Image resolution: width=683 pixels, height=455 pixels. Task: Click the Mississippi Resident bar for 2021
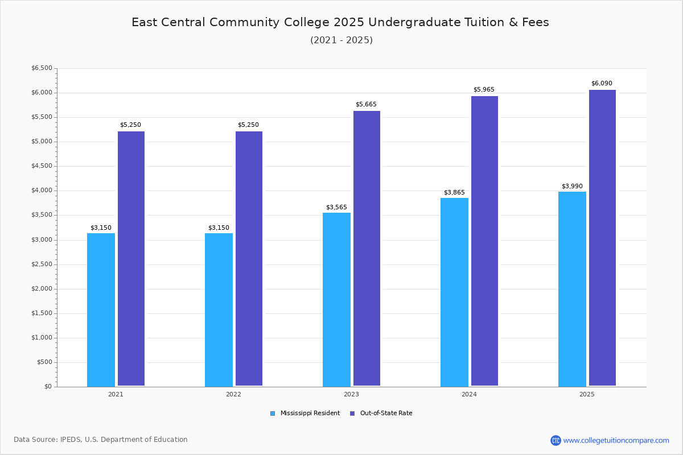coord(101,310)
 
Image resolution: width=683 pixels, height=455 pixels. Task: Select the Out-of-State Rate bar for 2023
coord(367,249)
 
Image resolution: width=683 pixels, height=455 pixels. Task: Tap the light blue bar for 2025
coord(572,289)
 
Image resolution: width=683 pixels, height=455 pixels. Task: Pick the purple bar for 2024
coord(484,241)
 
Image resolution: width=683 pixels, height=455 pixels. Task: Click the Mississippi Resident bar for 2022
coord(219,310)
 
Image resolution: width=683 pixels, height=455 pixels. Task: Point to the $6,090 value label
coord(602,83)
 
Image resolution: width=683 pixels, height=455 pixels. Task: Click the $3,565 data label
coord(336,207)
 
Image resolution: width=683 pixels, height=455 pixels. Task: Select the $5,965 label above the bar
coord(484,89)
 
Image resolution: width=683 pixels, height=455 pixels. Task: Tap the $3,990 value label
coord(572,186)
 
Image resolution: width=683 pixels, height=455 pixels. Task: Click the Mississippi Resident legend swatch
coord(273,413)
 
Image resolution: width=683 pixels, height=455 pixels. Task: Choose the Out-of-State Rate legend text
coord(386,413)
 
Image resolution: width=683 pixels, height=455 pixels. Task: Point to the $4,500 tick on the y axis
coord(42,166)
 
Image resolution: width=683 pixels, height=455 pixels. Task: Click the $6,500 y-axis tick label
coord(42,68)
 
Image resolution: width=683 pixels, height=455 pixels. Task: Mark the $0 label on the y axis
coord(48,386)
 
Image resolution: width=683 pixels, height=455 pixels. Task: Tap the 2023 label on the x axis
coord(351,394)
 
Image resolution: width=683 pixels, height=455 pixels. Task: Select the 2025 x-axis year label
coord(587,394)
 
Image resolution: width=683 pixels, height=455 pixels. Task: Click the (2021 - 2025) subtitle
coord(341,40)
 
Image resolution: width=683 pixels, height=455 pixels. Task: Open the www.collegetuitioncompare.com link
coord(616,440)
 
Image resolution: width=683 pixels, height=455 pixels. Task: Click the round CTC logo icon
coord(556,440)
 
